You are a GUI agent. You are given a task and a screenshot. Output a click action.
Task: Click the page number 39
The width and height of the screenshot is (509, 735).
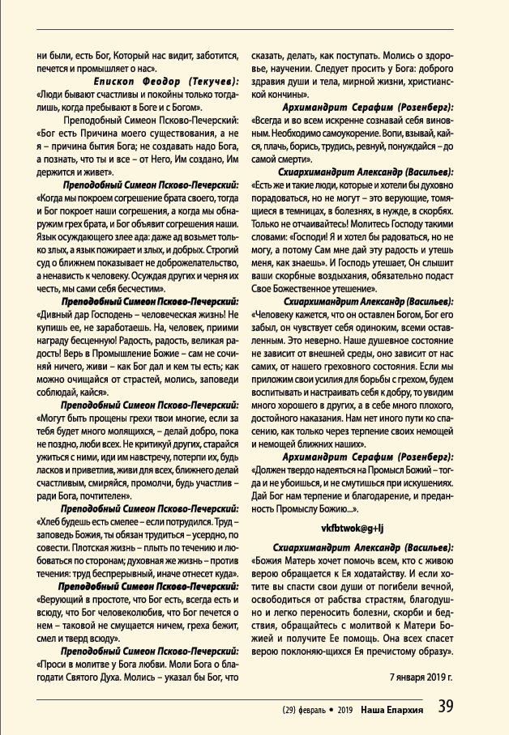tap(447, 707)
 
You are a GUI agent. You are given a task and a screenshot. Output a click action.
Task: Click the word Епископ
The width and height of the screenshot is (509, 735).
tap(115, 83)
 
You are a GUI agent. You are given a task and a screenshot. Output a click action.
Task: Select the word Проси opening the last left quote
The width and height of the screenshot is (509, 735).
tap(54, 663)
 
